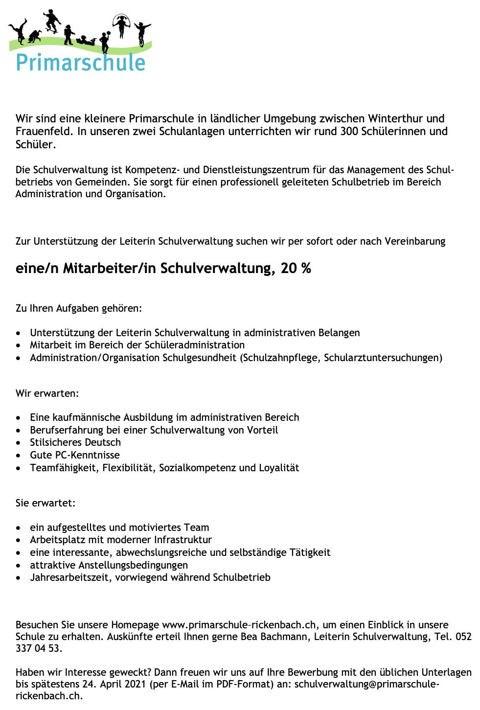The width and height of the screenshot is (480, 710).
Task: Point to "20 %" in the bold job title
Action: pyautogui.click(x=296, y=268)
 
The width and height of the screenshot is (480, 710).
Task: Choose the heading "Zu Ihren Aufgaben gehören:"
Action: pyautogui.click(x=79, y=309)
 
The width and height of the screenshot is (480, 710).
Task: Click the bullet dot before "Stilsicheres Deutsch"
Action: pyautogui.click(x=18, y=443)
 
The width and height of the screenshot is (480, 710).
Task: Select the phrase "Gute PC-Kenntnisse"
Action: pyautogui.click(x=75, y=455)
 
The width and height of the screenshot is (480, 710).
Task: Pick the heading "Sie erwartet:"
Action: pyautogui.click(x=46, y=503)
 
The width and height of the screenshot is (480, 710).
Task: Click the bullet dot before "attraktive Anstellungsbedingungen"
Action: pyautogui.click(x=18, y=565)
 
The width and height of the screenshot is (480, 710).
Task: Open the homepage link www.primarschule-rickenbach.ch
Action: pyautogui.click(x=239, y=625)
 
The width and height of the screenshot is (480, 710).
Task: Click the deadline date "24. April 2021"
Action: pyautogui.click(x=111, y=684)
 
